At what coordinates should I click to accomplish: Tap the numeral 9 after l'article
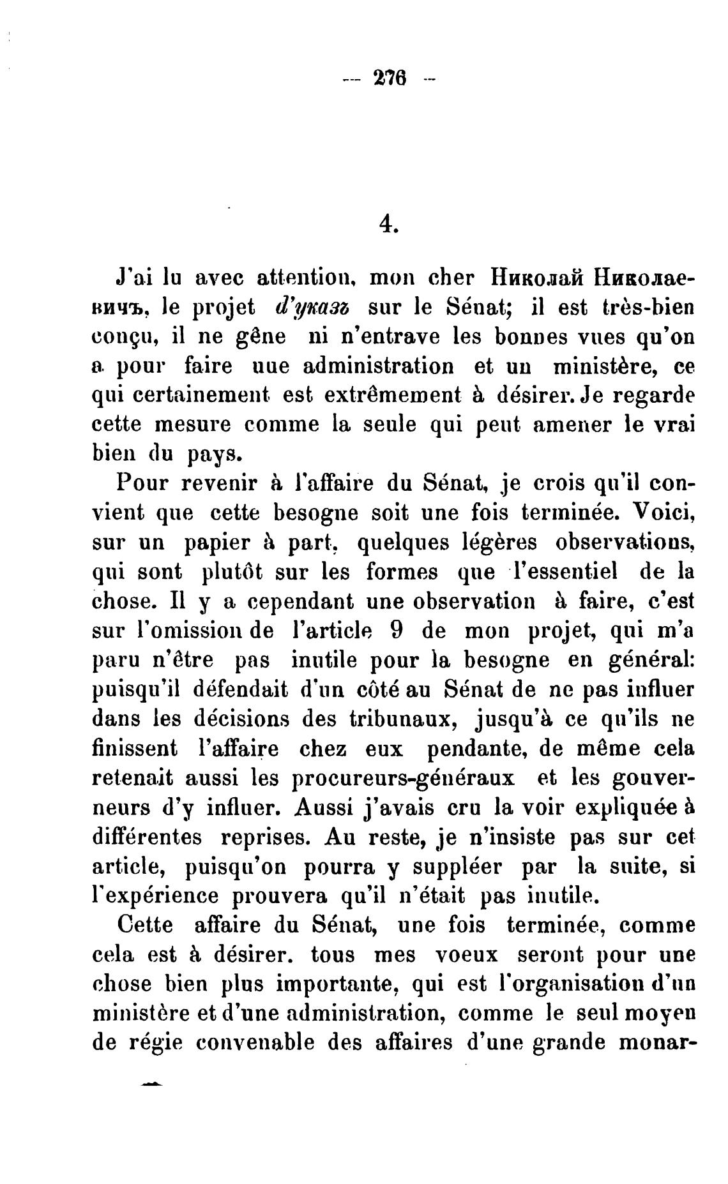click(395, 630)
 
